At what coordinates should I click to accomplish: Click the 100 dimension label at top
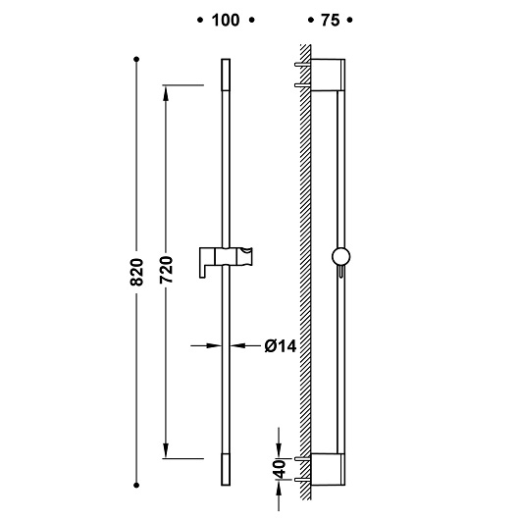[x=226, y=21]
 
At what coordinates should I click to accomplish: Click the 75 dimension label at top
[x=330, y=21]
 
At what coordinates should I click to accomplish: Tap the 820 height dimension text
[x=136, y=272]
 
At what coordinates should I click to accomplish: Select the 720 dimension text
[x=166, y=269]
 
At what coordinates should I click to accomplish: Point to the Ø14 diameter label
[x=281, y=346]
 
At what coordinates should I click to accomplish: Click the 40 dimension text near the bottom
[x=281, y=469]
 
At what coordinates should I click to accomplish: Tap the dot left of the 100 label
[x=199, y=21]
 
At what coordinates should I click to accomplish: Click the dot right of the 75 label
[x=349, y=21]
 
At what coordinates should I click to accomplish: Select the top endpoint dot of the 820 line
[x=136, y=60]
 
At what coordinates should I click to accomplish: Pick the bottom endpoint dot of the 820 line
[x=136, y=486]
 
